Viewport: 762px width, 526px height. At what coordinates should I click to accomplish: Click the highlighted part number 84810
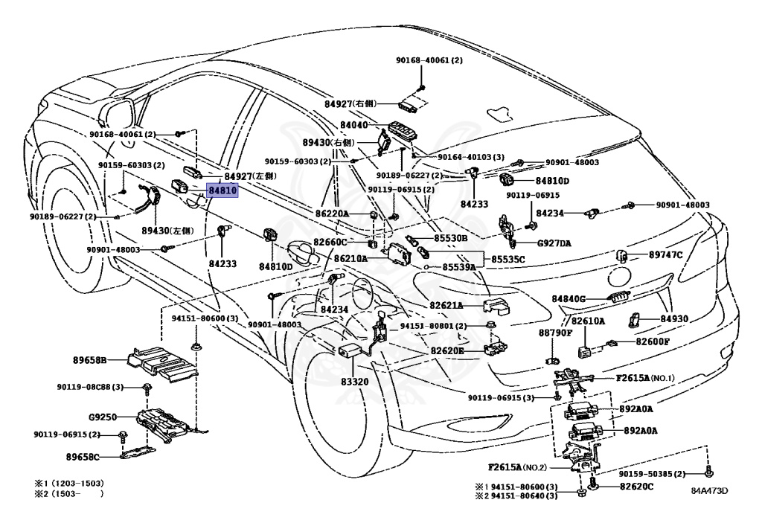(x=222, y=191)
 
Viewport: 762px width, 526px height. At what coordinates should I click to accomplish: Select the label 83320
(x=355, y=381)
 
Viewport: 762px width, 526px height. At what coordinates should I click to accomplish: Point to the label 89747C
(x=665, y=255)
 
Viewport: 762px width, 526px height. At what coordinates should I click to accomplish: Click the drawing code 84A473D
(x=708, y=491)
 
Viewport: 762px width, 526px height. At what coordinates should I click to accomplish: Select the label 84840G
(x=569, y=298)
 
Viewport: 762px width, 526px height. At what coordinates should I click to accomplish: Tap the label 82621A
(x=446, y=306)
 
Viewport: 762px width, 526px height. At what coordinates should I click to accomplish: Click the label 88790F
(x=556, y=333)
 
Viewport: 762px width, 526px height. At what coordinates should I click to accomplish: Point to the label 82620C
(x=637, y=487)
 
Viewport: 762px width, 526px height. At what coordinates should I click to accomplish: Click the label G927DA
(x=554, y=243)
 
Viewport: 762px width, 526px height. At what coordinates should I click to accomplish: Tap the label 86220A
(x=331, y=214)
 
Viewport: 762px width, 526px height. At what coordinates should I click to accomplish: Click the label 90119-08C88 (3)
(x=89, y=387)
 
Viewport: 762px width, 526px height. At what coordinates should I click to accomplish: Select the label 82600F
(x=653, y=341)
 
